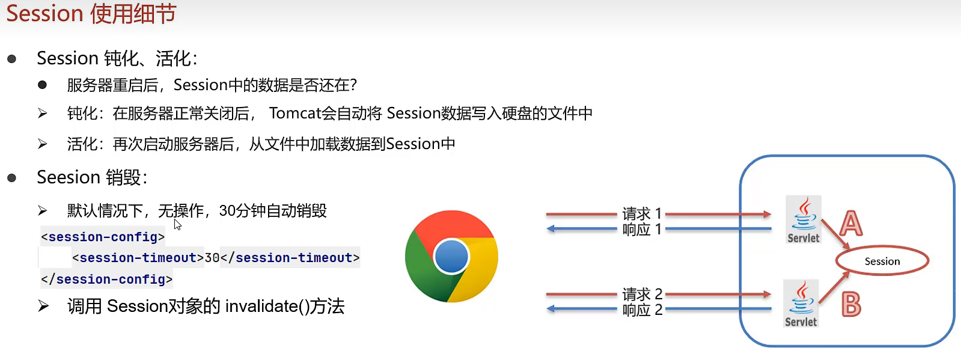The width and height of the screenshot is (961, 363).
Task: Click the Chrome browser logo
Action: tap(451, 256)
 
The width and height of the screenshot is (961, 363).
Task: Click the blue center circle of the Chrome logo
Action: tap(451, 257)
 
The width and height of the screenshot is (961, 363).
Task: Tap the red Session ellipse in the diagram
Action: tap(882, 261)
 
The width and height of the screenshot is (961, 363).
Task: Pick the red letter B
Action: tap(851, 304)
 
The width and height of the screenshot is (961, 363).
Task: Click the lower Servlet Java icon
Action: tap(801, 304)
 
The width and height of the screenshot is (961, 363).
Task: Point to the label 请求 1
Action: tap(642, 213)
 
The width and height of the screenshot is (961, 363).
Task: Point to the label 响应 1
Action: tap(642, 230)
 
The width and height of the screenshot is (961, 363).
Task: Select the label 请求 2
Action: tap(642, 294)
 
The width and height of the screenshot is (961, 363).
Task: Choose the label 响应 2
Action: tap(642, 310)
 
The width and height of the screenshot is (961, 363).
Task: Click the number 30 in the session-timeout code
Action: tap(212, 258)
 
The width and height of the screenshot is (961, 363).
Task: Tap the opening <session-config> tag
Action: tap(103, 237)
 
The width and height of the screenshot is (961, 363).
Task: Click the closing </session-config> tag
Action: tap(107, 279)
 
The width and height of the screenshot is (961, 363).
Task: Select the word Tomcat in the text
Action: tap(295, 113)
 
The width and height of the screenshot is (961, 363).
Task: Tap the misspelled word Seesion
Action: tap(69, 177)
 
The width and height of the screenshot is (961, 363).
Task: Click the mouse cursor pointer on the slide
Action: tap(178, 224)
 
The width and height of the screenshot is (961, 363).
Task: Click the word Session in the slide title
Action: tap(44, 13)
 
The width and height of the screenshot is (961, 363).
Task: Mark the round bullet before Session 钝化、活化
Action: tap(11, 59)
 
